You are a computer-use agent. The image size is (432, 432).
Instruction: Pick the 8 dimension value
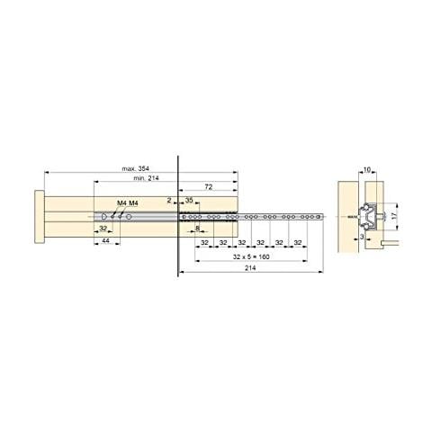198,230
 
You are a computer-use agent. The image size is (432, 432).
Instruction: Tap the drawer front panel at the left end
37,219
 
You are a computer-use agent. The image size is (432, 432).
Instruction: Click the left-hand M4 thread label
122,203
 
